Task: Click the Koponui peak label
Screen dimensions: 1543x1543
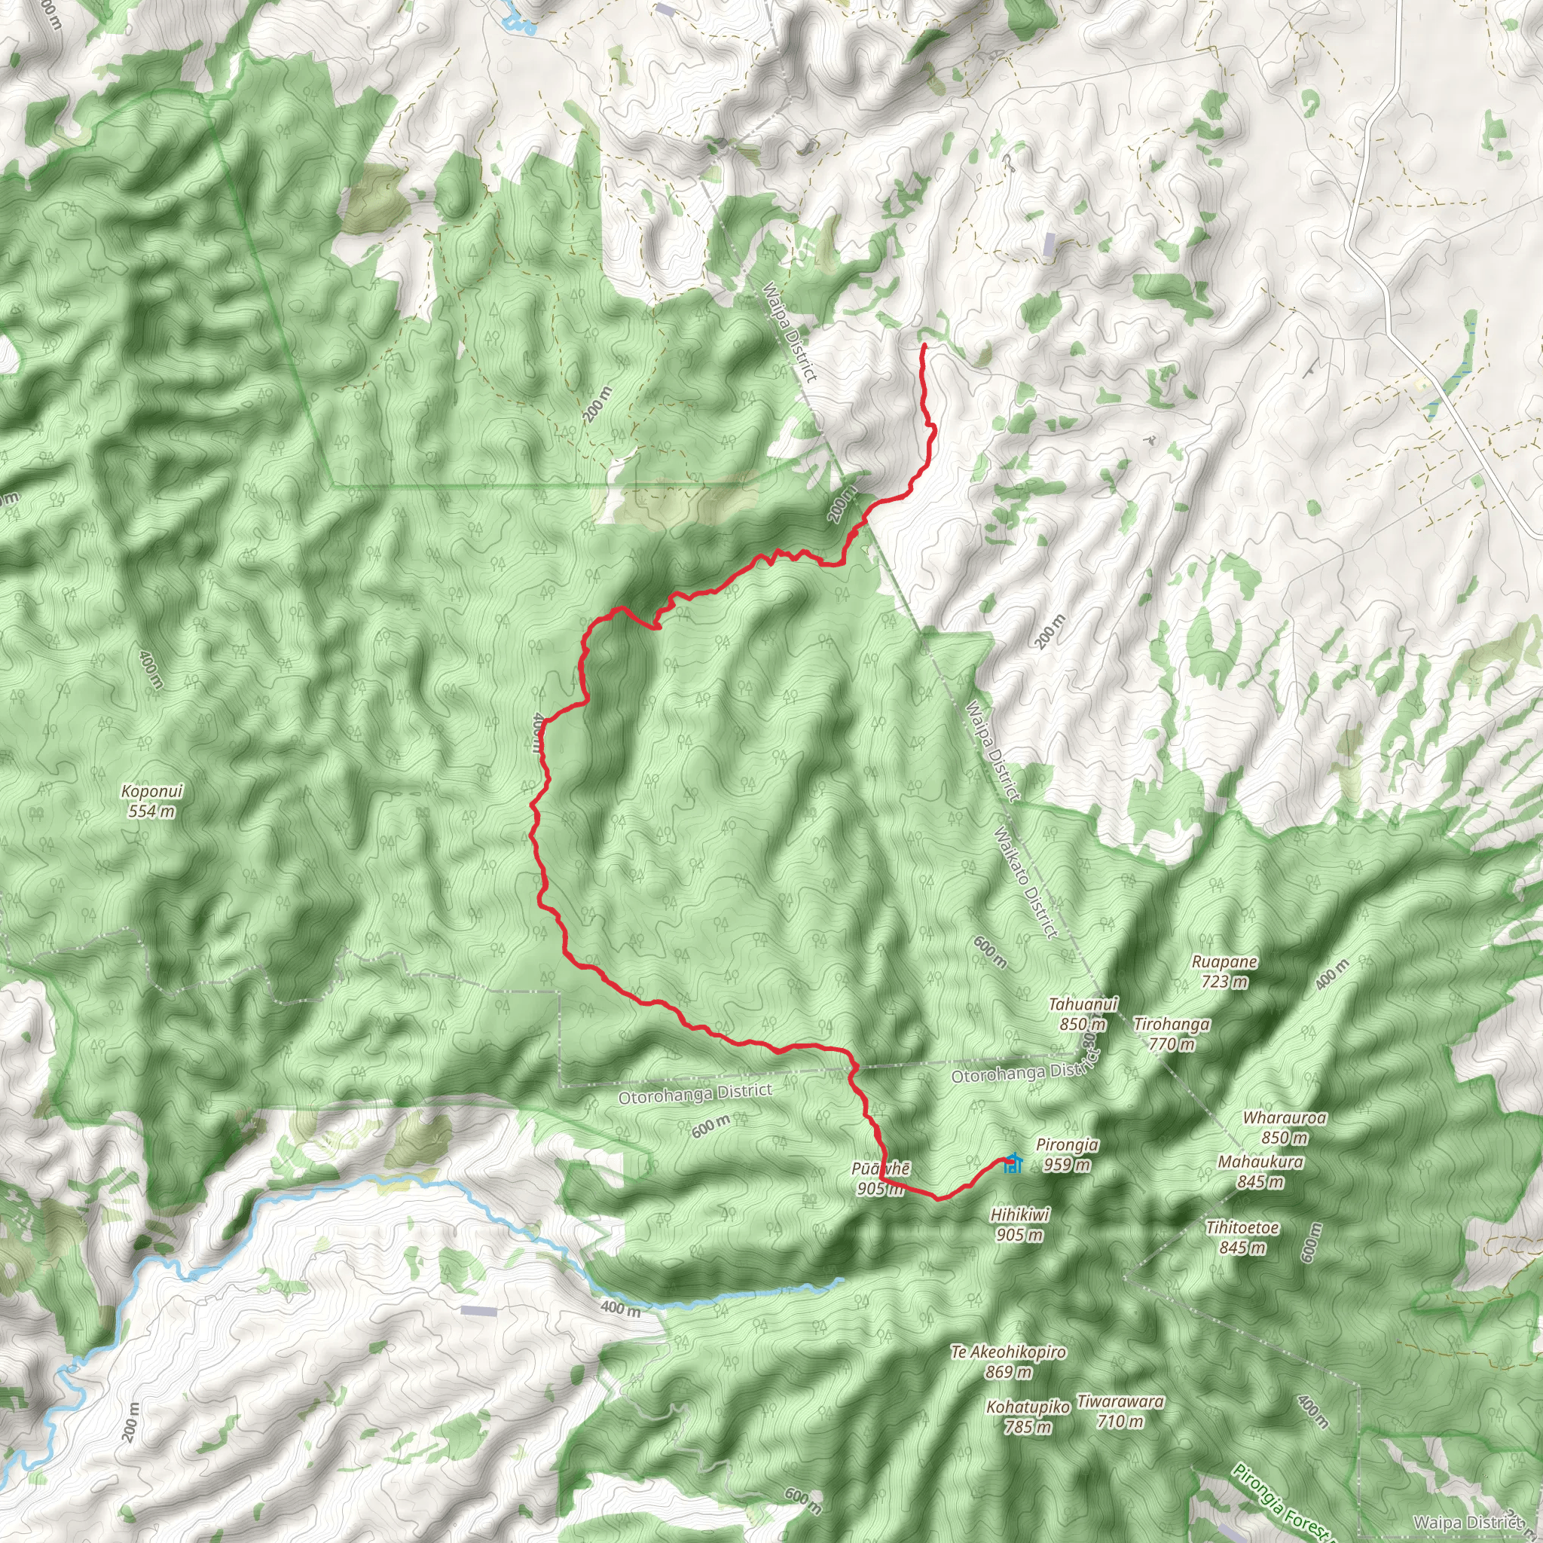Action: click(151, 801)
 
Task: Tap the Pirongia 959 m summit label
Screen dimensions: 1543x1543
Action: click(1067, 1155)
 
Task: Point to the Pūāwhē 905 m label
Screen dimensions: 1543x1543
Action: click(880, 1179)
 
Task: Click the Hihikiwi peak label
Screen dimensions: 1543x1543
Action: click(1020, 1224)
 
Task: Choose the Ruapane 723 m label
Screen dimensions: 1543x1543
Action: click(1224, 971)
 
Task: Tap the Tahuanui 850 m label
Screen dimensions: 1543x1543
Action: click(1083, 1013)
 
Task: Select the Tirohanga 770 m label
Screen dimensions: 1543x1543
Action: click(1172, 1034)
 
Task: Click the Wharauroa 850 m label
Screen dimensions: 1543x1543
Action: click(1285, 1127)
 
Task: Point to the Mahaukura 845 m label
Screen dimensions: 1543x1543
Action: click(1260, 1172)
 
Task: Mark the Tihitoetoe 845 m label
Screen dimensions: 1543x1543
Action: click(1242, 1237)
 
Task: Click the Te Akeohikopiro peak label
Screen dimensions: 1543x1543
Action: click(1008, 1361)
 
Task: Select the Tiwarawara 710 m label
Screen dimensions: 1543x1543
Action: click(1120, 1411)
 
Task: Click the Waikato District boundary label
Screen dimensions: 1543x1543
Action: click(1025, 882)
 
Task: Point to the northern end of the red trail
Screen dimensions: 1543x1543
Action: click(924, 345)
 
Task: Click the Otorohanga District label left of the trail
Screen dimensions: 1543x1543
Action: click(695, 1093)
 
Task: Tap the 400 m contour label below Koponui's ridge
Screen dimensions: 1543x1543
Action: click(151, 669)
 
